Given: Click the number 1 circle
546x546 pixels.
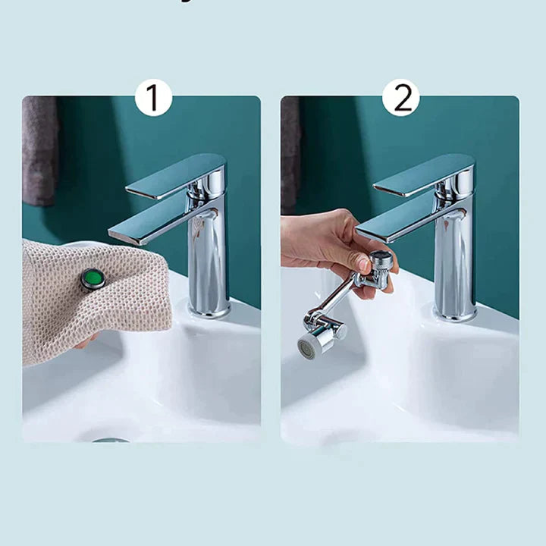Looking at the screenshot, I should [153, 98].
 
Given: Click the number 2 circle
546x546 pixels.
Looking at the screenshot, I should [400, 98].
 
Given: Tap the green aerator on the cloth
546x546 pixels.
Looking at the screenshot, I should [93, 279].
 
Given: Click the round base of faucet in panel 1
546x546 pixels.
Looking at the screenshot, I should [209, 309].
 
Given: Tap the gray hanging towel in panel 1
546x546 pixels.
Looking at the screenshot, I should [39, 152].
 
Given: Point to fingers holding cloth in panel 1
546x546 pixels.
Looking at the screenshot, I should [85, 342].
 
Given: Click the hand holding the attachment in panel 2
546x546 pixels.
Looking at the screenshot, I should [322, 243].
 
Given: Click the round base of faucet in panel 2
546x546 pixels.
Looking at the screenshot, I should [455, 311].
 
